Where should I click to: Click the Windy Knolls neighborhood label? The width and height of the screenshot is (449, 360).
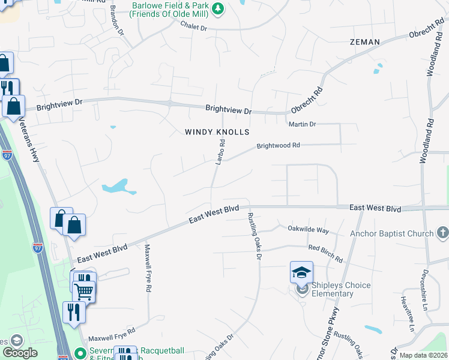coord(216,131)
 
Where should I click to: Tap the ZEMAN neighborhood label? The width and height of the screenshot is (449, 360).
coord(365,42)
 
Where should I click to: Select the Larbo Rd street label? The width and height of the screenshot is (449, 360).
coord(220,151)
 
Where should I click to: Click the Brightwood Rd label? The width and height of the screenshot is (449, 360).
coord(278,146)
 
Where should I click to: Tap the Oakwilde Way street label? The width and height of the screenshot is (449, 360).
coord(309,230)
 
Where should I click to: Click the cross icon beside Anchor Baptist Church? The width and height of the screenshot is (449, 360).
coord(442,233)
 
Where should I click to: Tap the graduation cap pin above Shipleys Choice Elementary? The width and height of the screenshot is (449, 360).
coord(301,272)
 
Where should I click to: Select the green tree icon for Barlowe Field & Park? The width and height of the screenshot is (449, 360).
coord(218,8)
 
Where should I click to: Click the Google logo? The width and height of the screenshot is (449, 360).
coord(20,352)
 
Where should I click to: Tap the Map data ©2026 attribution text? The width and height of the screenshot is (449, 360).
coord(423,355)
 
